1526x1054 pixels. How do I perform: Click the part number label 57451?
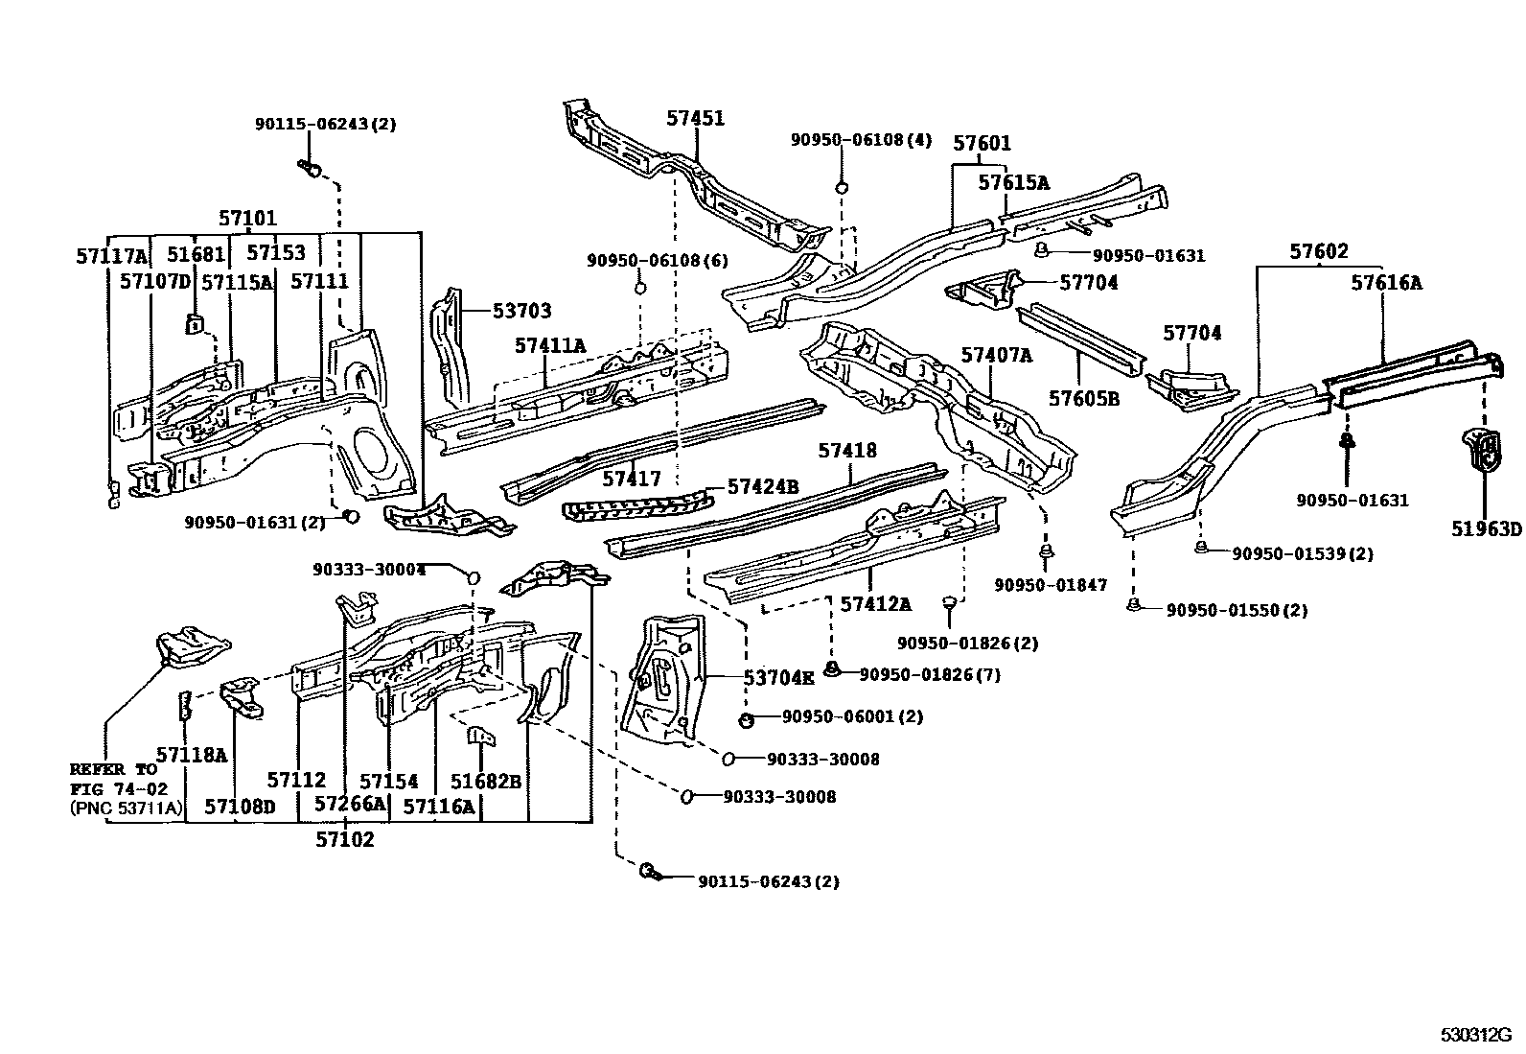696,119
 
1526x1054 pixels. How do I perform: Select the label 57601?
982,144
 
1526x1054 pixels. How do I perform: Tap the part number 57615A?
1013,182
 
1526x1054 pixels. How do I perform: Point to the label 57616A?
1386,282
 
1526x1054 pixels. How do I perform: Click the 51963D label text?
1485,528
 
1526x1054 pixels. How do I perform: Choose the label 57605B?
1083,398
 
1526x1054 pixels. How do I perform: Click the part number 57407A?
997,355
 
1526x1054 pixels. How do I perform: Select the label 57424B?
763,487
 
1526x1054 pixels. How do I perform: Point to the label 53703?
521,311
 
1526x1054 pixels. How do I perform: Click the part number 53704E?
778,678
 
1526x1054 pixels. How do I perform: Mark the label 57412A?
876,603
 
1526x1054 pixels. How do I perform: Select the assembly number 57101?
247,219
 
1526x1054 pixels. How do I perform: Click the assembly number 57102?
345,839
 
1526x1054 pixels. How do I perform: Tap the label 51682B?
486,782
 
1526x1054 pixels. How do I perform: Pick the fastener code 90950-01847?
1051,585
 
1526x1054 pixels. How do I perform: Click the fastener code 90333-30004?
369,570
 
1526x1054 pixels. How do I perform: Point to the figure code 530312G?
1474,1035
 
